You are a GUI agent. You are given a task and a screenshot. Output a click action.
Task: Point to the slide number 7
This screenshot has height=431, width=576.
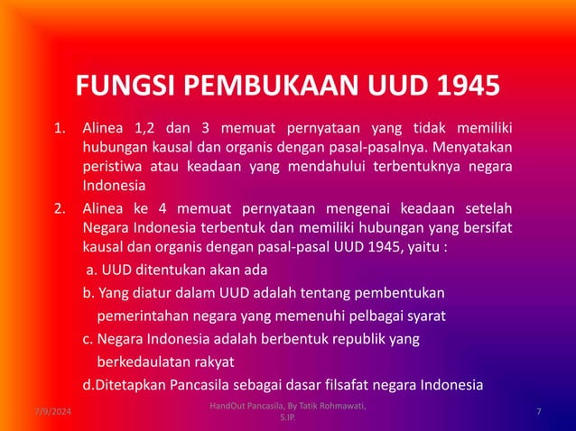[538, 412]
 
